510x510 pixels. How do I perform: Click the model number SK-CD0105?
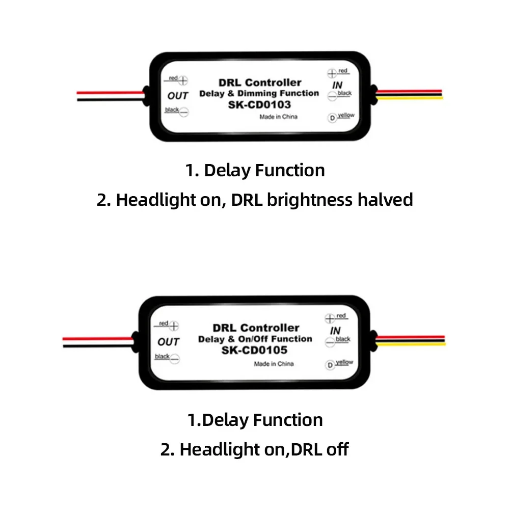pos(254,350)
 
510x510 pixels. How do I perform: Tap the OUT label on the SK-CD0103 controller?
pos(178,95)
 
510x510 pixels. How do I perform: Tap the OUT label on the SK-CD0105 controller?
pos(168,341)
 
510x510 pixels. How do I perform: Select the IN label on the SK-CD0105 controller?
pos(335,331)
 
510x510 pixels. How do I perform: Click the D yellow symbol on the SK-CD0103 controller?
pos(332,118)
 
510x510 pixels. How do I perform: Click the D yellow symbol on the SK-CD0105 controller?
pos(330,364)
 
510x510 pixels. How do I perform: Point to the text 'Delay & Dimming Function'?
pos(258,93)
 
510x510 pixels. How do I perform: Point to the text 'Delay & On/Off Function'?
pos(255,339)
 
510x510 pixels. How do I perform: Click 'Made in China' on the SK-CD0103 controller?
pos(278,117)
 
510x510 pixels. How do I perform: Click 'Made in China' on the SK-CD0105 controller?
pos(274,364)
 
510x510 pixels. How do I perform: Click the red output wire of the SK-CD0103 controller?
pos(110,93)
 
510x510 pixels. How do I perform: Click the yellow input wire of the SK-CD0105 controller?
pos(413,344)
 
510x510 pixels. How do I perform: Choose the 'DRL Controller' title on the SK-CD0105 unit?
pos(255,328)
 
